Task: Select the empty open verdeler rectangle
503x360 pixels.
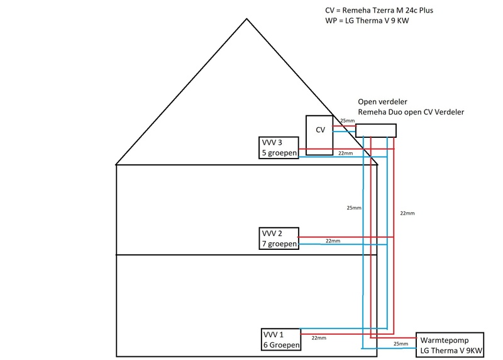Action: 376,130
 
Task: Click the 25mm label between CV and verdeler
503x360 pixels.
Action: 347,121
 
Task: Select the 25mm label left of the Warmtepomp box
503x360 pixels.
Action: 401,344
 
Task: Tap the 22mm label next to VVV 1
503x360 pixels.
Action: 319,338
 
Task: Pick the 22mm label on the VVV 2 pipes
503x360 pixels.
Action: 333,241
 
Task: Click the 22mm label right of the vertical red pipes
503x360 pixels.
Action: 407,213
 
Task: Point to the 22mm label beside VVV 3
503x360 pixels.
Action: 345,154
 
